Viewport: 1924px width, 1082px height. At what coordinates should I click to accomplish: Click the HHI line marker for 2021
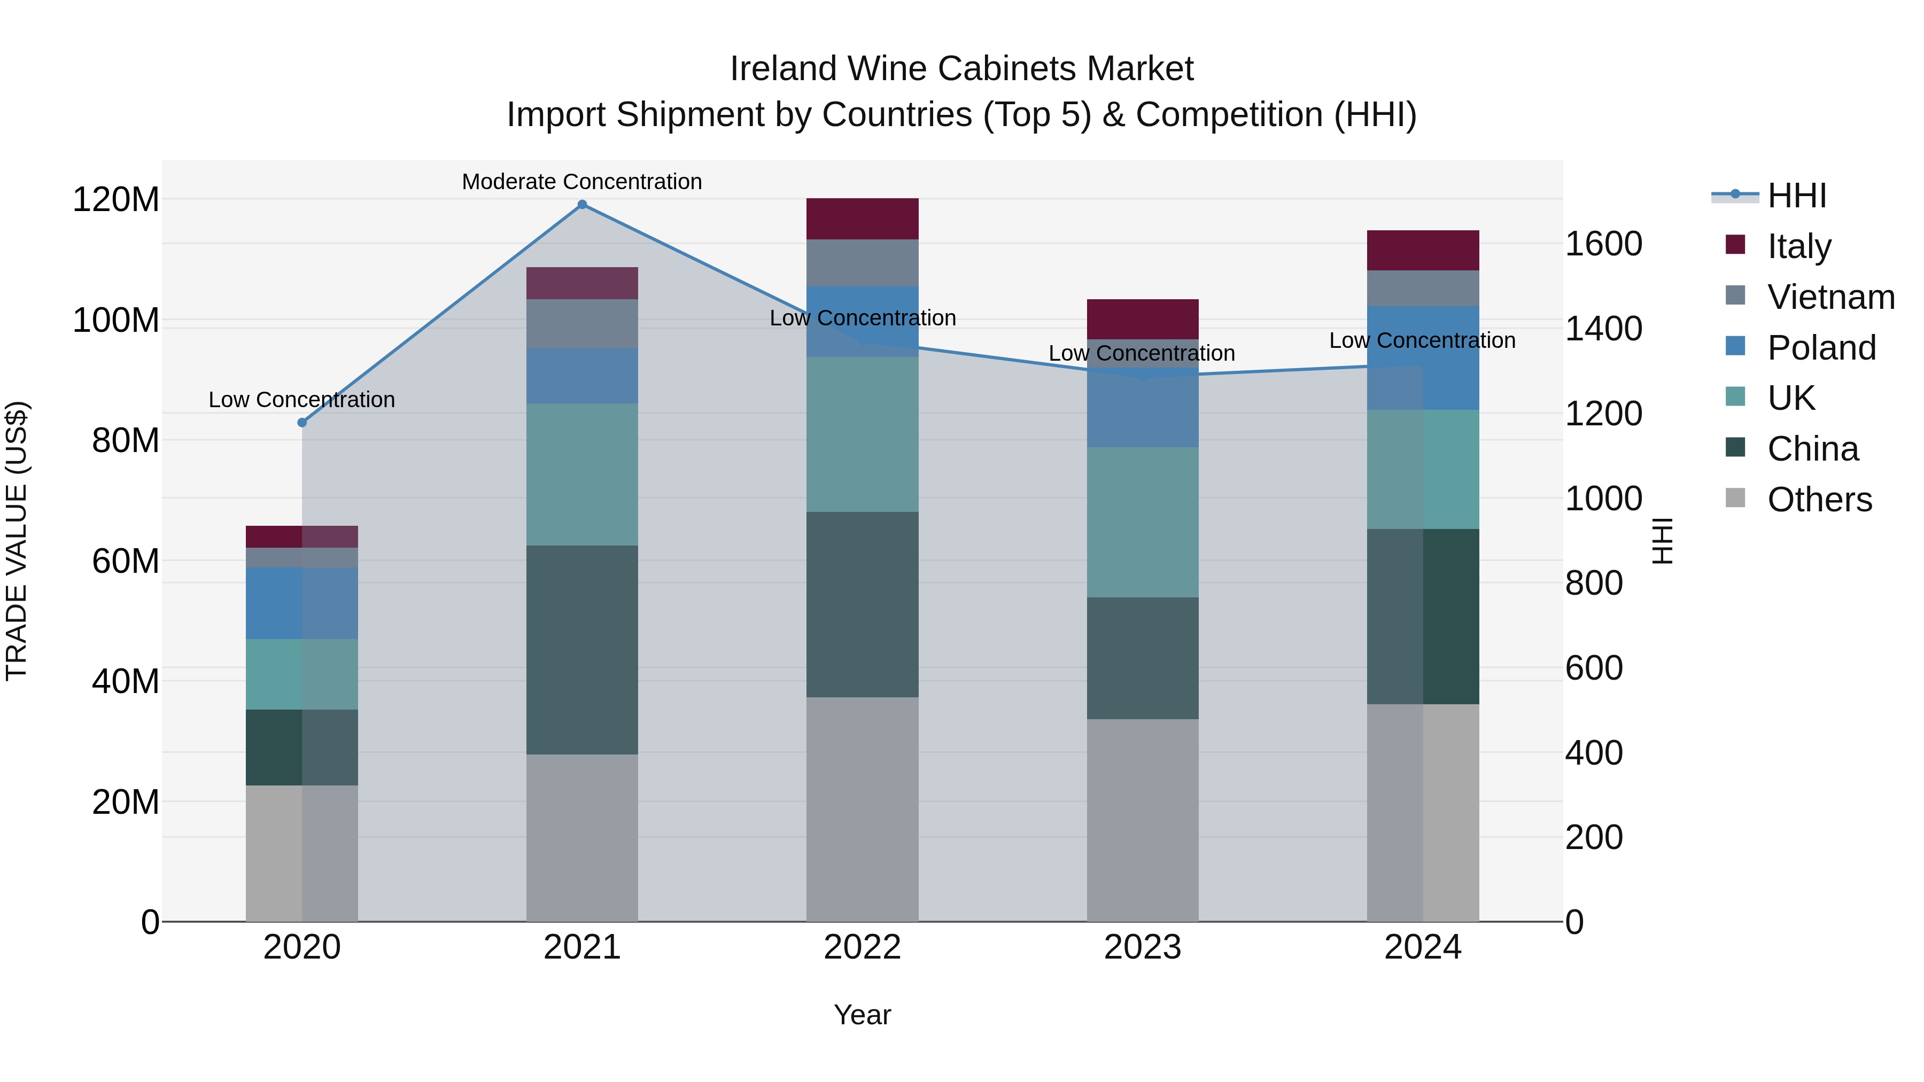pos(582,205)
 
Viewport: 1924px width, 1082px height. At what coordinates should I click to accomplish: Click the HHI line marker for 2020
pos(302,423)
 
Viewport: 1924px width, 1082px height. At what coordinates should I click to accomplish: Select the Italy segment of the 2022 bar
pos(862,219)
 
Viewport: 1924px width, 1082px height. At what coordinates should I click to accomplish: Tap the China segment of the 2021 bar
pos(582,650)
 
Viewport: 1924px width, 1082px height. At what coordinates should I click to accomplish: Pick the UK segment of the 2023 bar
pos(1142,522)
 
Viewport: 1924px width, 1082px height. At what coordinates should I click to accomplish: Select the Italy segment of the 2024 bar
pos(1422,250)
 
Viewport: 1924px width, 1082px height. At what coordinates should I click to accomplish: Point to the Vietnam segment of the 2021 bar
pos(582,323)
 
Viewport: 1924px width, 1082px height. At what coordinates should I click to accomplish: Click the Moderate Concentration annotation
pos(582,182)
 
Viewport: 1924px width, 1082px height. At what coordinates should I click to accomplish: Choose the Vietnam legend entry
pos(1830,297)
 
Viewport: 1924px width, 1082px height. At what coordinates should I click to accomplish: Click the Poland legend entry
pos(1821,348)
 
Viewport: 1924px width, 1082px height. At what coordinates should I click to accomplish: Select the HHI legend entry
pos(1796,196)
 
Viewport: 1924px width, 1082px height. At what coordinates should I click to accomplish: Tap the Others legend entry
pos(1819,500)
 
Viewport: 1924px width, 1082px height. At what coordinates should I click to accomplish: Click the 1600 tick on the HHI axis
pos(1603,244)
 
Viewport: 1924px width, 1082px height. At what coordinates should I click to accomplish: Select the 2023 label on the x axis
pos(1142,947)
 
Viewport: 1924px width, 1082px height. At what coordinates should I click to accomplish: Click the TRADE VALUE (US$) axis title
pos(17,541)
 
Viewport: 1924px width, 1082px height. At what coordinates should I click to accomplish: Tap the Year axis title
pos(862,1015)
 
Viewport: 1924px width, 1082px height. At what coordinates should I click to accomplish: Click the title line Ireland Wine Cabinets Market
pos(961,69)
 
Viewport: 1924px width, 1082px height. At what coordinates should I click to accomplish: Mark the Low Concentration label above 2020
pos(302,400)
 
